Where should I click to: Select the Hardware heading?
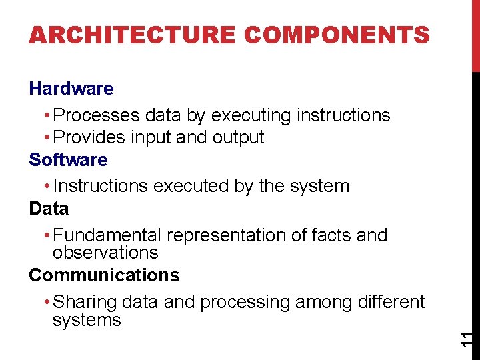tap(71, 88)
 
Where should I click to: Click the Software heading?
tap(68, 160)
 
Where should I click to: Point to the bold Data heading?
tap(49, 209)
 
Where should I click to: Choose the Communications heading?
tap(104, 275)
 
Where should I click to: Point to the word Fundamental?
tap(107, 235)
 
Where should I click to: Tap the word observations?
tap(105, 253)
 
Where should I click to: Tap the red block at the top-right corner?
tap(475, 35)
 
